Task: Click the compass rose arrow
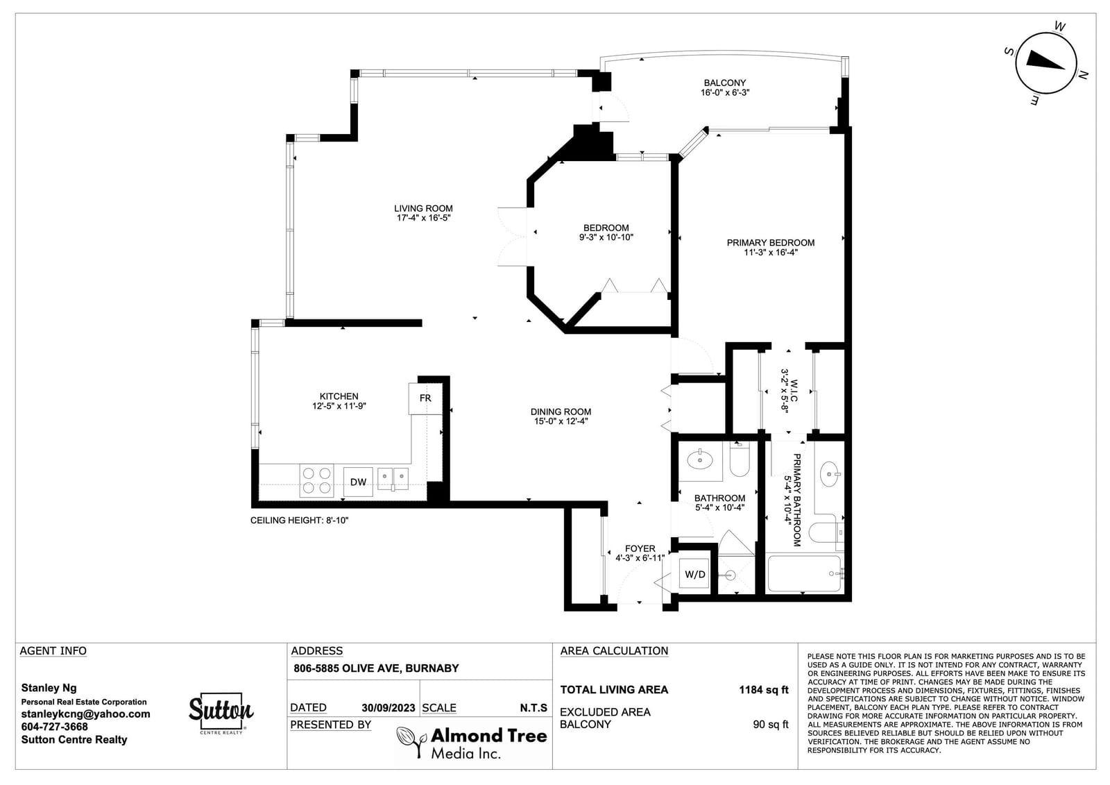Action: click(1044, 62)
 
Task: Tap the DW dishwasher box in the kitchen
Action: click(358, 482)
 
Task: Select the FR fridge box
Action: click(425, 398)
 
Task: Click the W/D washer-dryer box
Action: click(694, 574)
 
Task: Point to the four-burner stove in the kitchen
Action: click(316, 480)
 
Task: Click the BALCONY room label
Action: click(724, 83)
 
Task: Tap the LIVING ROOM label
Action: click(423, 208)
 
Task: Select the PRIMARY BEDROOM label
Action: click(771, 242)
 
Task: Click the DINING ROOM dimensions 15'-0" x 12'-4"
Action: click(561, 421)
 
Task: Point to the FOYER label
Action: click(640, 548)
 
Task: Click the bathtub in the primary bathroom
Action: click(804, 574)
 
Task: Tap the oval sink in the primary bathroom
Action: click(829, 474)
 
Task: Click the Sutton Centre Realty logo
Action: click(221, 713)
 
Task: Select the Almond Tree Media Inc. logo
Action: click(472, 743)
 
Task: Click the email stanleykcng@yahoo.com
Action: click(85, 714)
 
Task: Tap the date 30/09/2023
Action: click(388, 708)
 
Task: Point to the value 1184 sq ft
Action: click(763, 690)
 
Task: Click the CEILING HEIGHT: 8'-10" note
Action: click(299, 520)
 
